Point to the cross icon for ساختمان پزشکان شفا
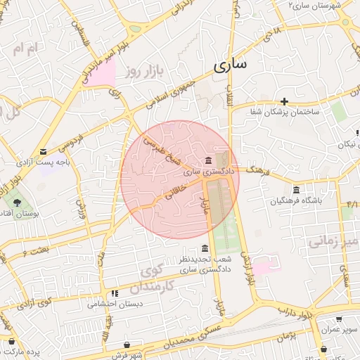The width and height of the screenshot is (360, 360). (x=284, y=101)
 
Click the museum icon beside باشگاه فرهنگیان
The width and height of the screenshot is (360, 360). (x=296, y=191)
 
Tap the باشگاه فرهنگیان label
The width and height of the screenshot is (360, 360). (x=296, y=201)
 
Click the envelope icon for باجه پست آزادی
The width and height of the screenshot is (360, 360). (x=44, y=151)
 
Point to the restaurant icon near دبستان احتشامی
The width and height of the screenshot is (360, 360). (x=114, y=293)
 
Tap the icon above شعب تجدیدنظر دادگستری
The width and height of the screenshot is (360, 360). (x=205, y=249)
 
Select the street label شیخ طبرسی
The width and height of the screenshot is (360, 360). (x=158, y=149)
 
